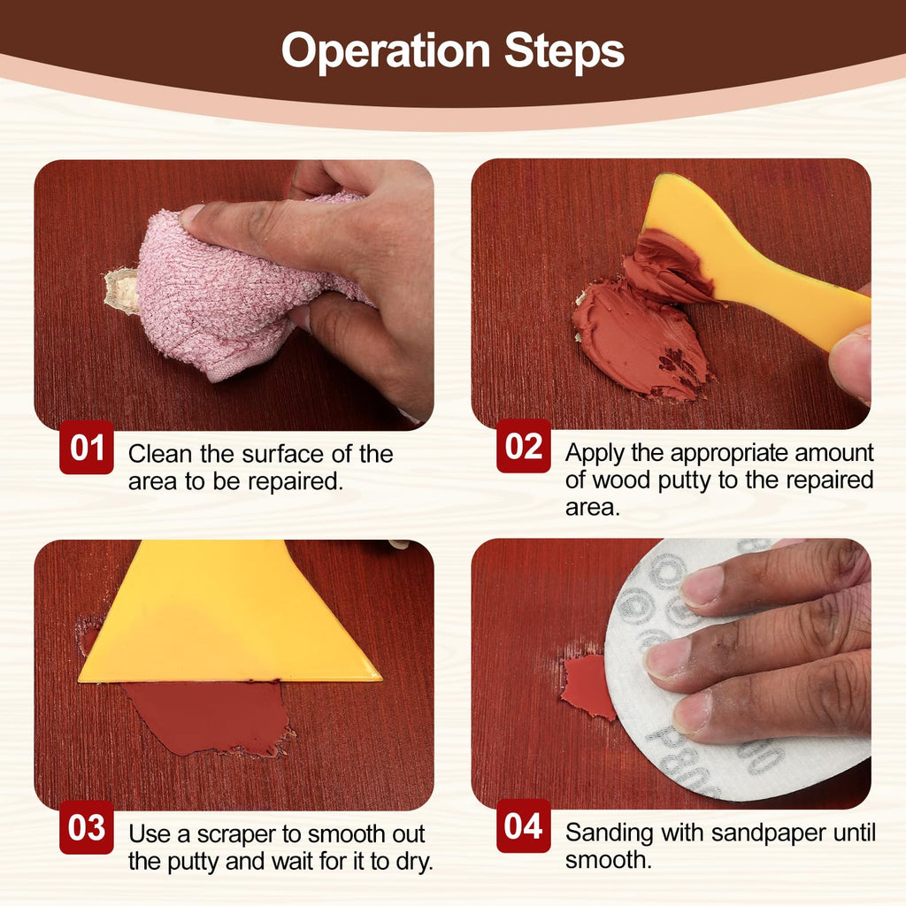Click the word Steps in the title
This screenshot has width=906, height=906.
[564, 50]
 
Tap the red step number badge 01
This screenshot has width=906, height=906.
[87, 447]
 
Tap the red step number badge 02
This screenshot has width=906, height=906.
[524, 446]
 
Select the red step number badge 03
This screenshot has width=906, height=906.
[87, 827]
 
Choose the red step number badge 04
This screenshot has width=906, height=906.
[524, 825]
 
